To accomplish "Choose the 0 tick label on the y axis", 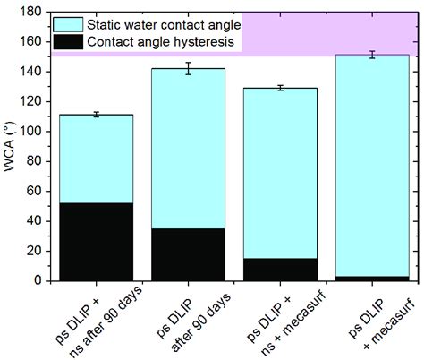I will [x=38, y=281].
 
